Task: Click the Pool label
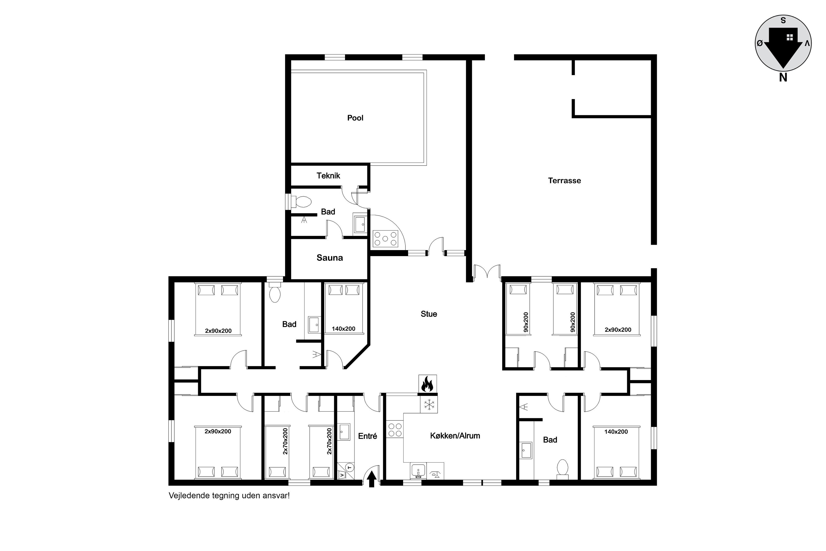tap(355, 118)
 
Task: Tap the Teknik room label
tap(328, 176)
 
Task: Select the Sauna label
tap(329, 258)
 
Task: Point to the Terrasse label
tap(564, 181)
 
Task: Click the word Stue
tap(429, 314)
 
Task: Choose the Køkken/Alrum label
tap(455, 436)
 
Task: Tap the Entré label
tap(367, 436)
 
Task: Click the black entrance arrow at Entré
tap(372, 479)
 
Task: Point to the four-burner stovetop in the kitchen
tap(395, 429)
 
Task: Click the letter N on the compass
tap(783, 78)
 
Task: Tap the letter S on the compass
tap(783, 20)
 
